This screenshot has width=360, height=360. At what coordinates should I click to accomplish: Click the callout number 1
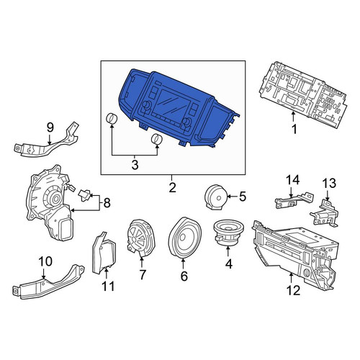[294, 129]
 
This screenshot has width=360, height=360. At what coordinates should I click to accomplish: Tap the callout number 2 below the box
[172, 187]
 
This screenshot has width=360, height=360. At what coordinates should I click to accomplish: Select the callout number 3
[135, 165]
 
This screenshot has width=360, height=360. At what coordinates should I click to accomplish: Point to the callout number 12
[293, 291]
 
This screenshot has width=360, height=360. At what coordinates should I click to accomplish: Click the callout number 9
[50, 127]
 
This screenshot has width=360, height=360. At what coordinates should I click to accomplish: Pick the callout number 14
[293, 179]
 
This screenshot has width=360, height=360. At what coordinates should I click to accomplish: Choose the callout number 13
[329, 184]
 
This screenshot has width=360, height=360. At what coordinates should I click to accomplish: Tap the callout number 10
[45, 261]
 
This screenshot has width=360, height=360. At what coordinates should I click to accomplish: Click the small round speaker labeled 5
[216, 197]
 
